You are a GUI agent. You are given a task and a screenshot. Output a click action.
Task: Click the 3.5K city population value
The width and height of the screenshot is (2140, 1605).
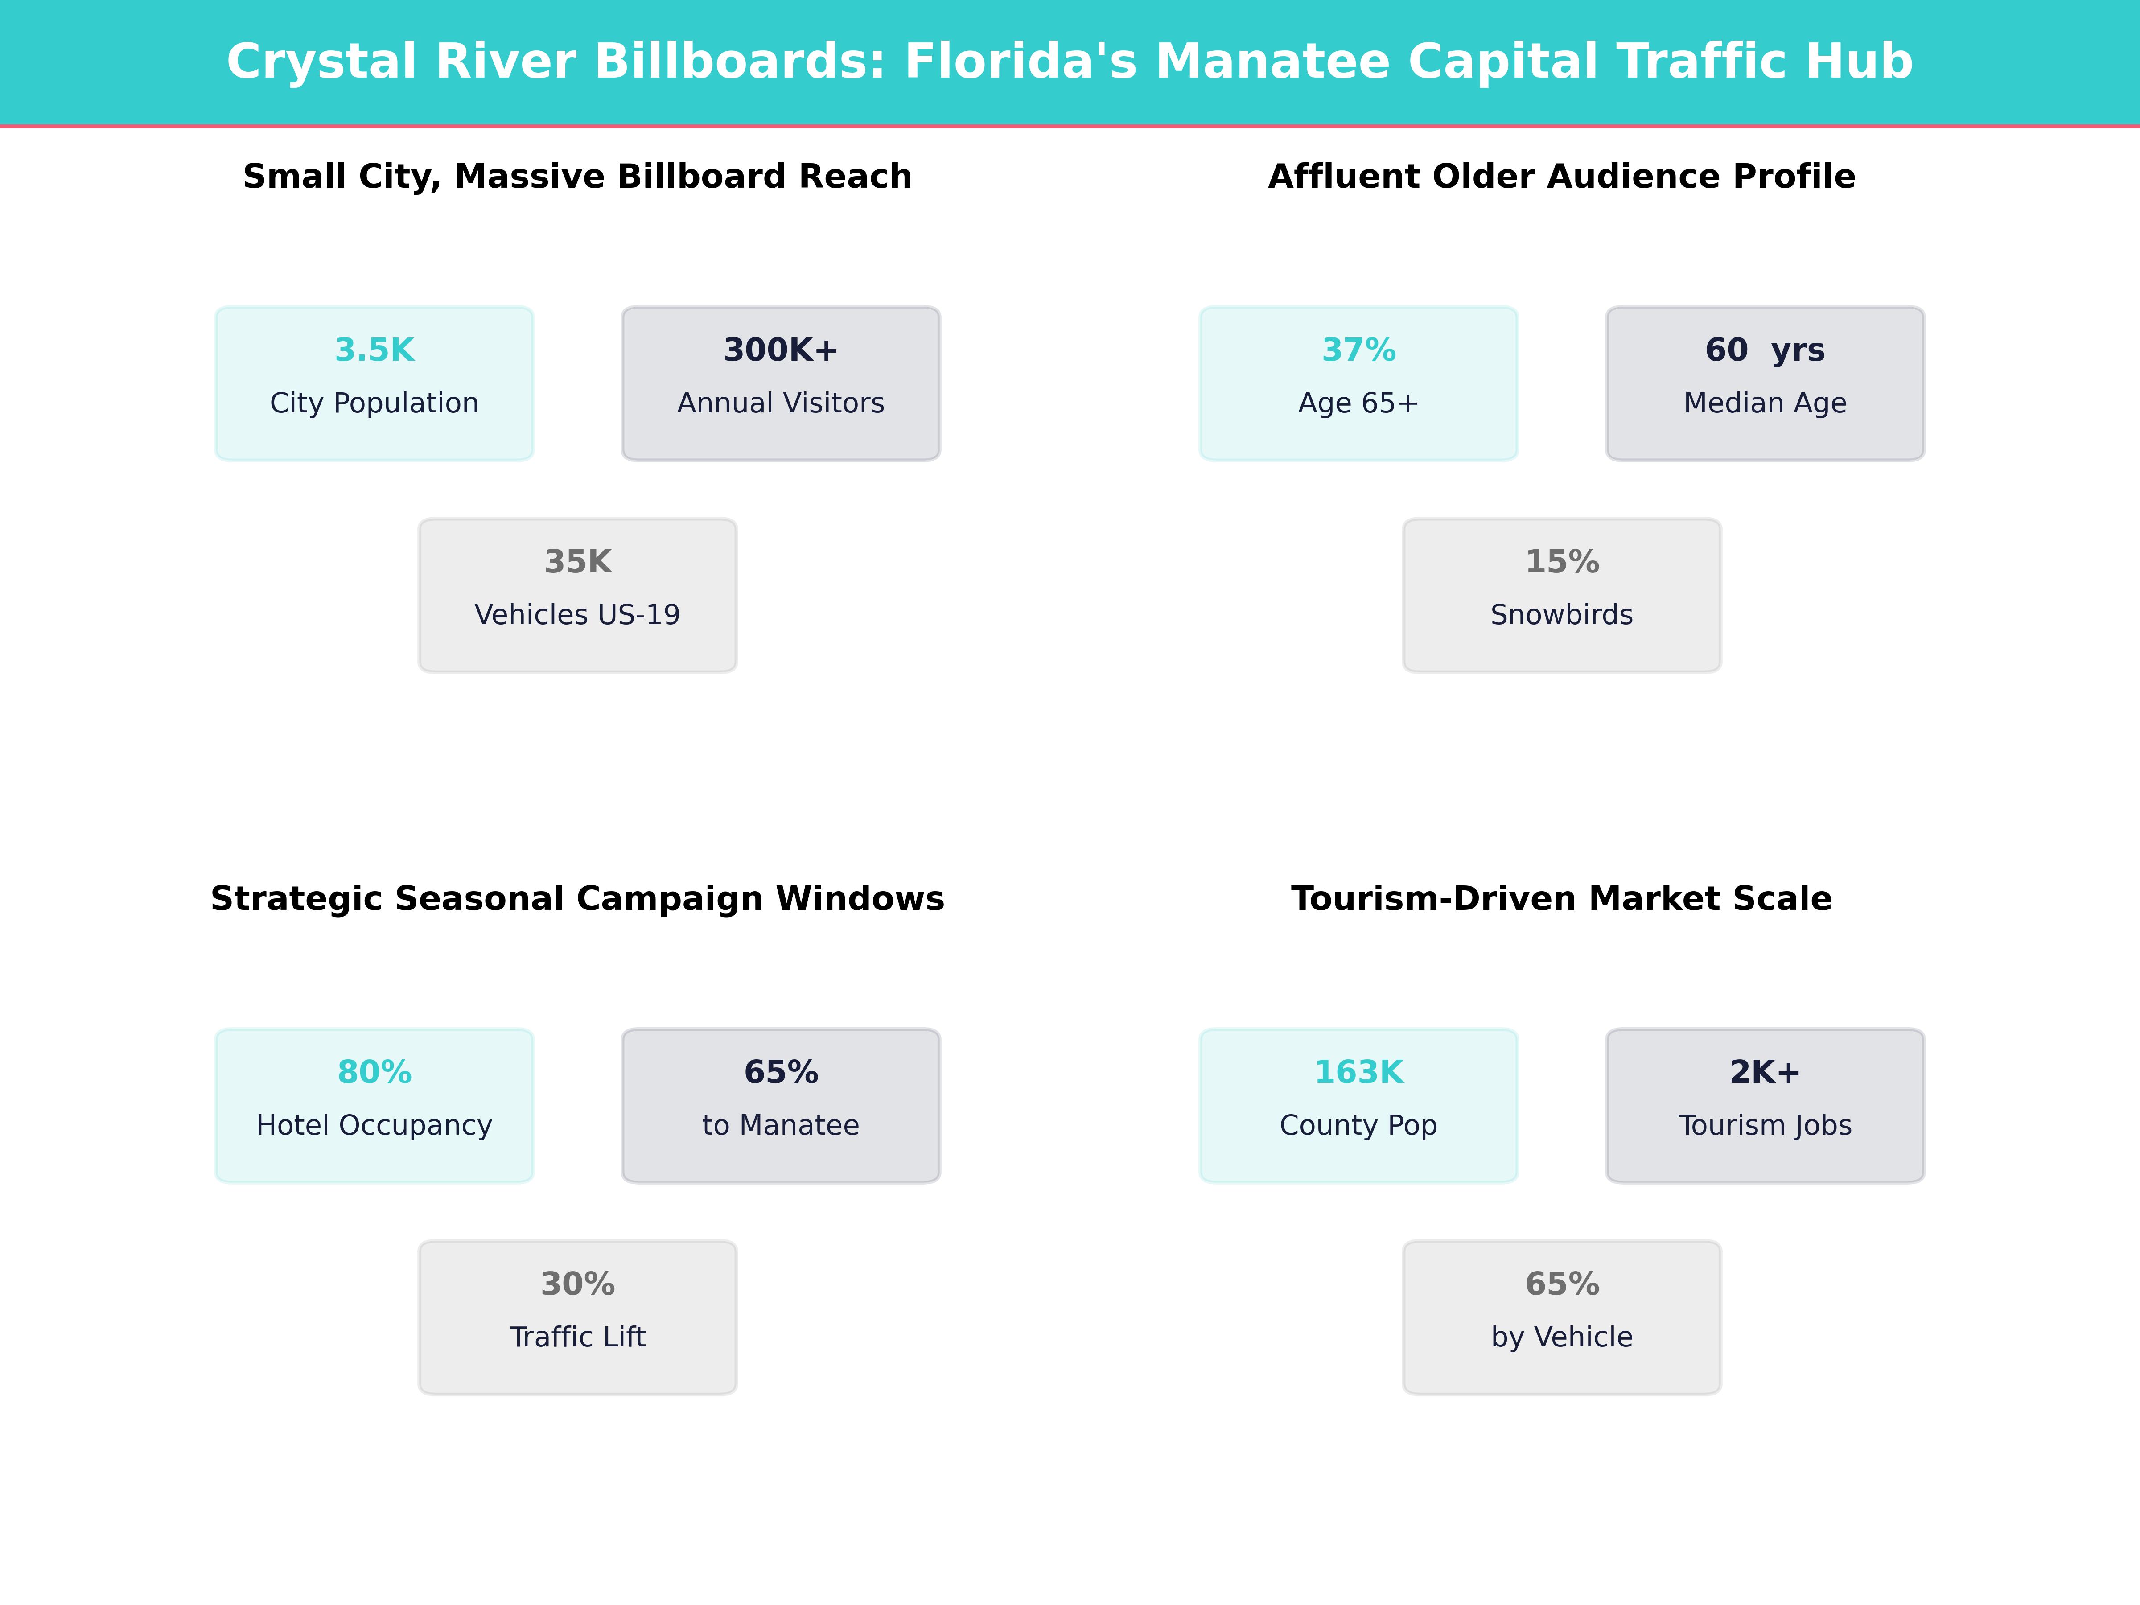(374, 350)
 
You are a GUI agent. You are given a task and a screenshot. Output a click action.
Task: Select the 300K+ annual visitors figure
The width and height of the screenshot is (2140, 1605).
(781, 350)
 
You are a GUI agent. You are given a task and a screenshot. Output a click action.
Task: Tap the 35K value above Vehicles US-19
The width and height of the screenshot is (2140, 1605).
(577, 562)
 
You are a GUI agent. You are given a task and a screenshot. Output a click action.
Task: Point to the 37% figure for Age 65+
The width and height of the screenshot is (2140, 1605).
(1358, 350)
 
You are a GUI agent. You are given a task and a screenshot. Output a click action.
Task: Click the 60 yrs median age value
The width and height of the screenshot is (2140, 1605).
(1765, 350)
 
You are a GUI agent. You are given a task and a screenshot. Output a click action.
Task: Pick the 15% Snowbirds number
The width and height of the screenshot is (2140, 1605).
(1561, 562)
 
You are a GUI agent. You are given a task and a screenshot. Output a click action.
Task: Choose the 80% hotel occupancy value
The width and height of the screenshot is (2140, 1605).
(374, 1073)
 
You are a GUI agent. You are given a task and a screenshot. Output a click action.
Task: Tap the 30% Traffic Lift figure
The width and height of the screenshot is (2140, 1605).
(577, 1285)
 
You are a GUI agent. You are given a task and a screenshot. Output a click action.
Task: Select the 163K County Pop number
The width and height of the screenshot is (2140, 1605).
(1358, 1073)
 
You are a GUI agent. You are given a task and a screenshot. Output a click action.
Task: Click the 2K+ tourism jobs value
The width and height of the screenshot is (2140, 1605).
(1765, 1073)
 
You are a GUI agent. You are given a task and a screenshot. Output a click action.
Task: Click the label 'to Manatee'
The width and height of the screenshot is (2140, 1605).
(781, 1125)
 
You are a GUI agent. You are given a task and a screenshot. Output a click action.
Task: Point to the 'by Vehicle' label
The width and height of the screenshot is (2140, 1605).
(1561, 1337)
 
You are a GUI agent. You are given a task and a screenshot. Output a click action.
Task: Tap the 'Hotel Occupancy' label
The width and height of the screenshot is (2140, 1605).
(374, 1125)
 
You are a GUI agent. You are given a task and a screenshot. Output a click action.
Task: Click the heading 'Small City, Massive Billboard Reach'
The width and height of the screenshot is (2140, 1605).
(577, 177)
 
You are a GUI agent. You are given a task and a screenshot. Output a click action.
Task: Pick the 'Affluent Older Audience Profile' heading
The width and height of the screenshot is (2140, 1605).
(1561, 177)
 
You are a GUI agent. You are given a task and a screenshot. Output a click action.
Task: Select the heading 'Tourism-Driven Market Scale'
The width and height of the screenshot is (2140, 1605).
(1561, 899)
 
